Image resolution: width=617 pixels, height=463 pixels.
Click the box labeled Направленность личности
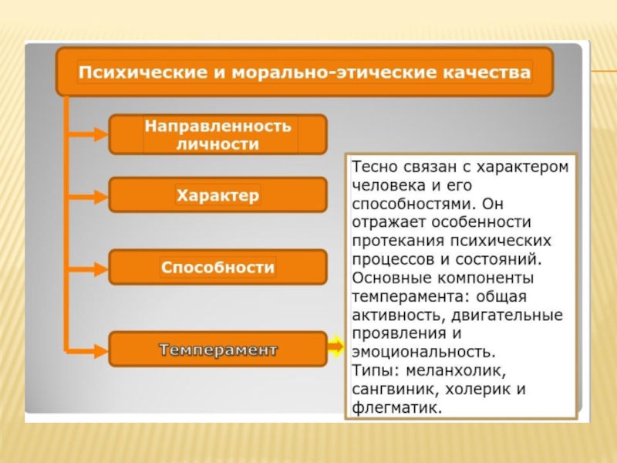click(x=217, y=135)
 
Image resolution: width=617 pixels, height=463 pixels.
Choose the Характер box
click(x=217, y=195)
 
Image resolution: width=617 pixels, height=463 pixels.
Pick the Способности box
click(x=217, y=268)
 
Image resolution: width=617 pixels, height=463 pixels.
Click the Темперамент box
click(x=217, y=350)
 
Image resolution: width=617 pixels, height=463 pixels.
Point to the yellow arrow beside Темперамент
click(x=335, y=348)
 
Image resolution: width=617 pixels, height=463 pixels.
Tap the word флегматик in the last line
click(x=396, y=407)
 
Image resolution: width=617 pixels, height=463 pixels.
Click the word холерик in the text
click(x=477, y=389)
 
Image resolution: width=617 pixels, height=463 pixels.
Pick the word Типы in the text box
click(x=371, y=371)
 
